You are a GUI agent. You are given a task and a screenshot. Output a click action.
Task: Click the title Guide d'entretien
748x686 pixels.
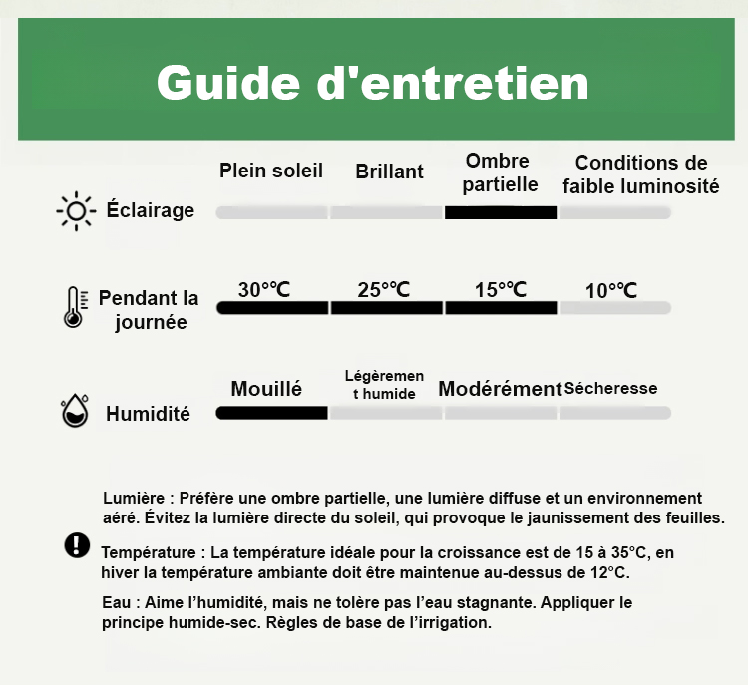[x=372, y=83]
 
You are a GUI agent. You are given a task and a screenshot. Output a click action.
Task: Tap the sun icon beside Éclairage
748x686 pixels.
[x=76, y=211]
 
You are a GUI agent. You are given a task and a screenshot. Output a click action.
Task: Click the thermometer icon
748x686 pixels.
[x=72, y=307]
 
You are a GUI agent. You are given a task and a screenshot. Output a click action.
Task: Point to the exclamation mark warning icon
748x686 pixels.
[x=76, y=544]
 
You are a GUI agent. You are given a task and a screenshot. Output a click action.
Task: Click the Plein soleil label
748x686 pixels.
[x=271, y=171]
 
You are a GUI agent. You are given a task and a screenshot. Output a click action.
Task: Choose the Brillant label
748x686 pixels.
[x=389, y=171]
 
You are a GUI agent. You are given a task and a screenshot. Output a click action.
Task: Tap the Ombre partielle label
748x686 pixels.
[x=500, y=172]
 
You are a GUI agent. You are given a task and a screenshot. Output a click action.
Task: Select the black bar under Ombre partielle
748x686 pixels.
[x=500, y=212]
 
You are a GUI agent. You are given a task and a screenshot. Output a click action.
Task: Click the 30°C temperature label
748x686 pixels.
[x=264, y=290]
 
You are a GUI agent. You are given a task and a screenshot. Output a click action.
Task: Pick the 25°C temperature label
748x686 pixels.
[x=384, y=290]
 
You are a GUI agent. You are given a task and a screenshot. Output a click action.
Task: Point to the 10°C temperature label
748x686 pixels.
[x=611, y=291]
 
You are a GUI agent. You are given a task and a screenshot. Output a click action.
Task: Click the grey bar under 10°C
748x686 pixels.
[x=614, y=308]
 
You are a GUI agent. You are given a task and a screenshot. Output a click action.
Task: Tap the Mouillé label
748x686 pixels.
[x=266, y=389]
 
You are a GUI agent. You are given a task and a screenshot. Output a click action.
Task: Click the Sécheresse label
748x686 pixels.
[x=611, y=389]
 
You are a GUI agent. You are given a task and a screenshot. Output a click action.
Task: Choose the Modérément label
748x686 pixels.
[x=500, y=389]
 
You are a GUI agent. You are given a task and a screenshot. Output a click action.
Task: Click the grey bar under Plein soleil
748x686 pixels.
[x=272, y=212]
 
